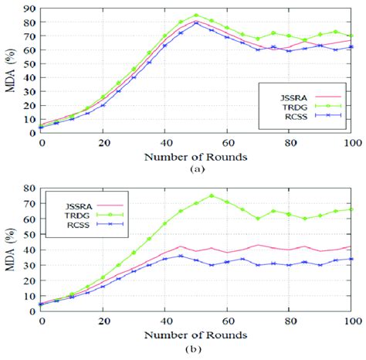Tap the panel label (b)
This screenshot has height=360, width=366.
196,349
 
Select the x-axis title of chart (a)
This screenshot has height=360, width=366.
196,157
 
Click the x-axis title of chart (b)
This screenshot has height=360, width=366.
196,336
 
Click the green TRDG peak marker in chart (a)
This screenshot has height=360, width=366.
196,15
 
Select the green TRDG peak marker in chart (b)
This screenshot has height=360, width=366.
212,195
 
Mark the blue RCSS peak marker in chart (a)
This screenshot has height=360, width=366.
196,23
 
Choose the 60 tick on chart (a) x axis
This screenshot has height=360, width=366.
228,144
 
